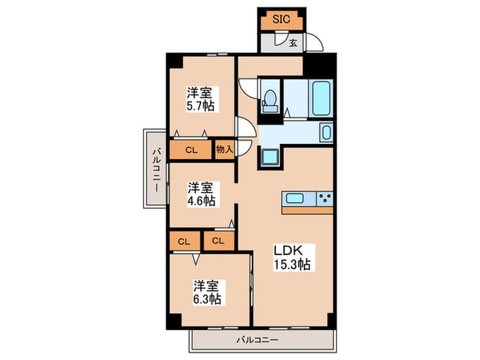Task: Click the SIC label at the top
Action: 281,20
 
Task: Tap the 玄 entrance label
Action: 293,43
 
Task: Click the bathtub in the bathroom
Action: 321,98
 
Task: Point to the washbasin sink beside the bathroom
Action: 326,132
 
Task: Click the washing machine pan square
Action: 269,157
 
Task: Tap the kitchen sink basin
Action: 295,198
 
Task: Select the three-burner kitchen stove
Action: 324,198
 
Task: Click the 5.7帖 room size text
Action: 200,106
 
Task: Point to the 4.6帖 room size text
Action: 202,201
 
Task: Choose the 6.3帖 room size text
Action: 207,299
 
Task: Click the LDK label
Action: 288,250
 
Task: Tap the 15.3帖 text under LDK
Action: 291,264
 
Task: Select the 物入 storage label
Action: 224,149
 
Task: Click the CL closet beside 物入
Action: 191,150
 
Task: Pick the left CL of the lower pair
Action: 184,242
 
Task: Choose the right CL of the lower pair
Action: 218,241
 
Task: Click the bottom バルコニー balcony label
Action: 257,340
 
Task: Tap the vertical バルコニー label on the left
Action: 157,170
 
